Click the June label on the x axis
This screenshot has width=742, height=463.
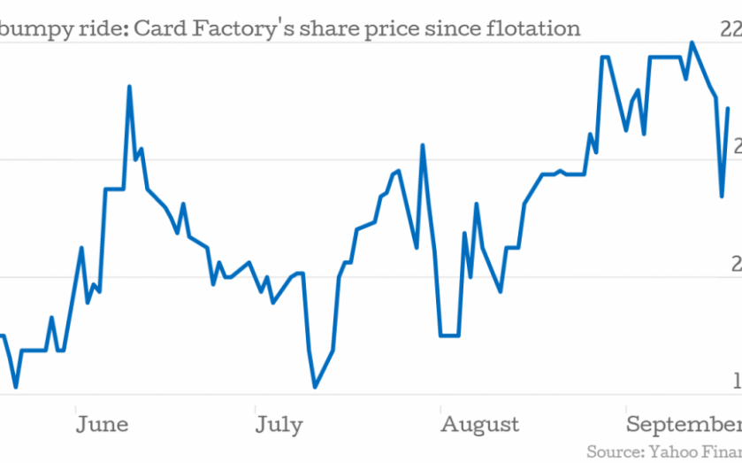[102, 425]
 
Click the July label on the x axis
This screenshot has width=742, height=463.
[279, 425]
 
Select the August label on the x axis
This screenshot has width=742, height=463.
[480, 425]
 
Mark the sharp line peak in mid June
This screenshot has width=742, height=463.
[129, 87]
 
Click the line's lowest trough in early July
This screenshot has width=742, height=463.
[315, 387]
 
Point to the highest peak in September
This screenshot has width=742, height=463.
[692, 42]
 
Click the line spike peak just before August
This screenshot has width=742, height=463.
[423, 146]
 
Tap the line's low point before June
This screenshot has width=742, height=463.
[16, 387]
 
